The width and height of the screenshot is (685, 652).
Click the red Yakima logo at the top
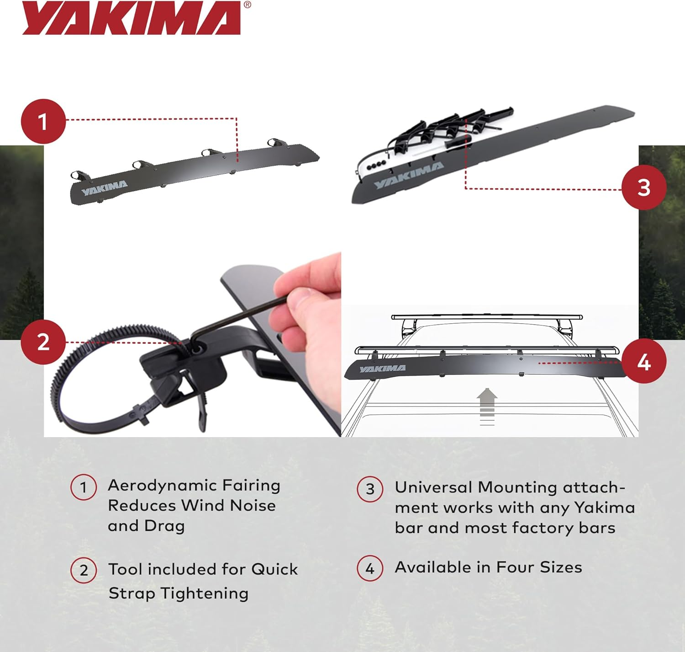tap(132, 18)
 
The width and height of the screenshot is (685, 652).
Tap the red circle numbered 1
tap(43, 122)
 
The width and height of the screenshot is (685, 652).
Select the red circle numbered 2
tap(43, 342)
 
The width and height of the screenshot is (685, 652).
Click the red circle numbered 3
tap(643, 187)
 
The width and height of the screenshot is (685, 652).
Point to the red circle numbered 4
tap(644, 362)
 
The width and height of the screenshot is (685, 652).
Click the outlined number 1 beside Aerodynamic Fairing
tap(84, 487)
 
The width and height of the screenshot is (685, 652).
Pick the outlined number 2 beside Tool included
tap(84, 571)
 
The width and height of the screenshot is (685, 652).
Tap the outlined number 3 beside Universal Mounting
tap(370, 489)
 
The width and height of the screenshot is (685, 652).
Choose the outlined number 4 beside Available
tap(370, 568)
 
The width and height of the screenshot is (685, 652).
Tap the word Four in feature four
tap(515, 567)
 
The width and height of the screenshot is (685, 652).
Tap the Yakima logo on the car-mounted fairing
tap(382, 369)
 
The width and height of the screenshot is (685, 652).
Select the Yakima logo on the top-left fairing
tap(104, 187)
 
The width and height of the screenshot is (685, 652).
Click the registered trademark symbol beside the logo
tap(247, 5)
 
